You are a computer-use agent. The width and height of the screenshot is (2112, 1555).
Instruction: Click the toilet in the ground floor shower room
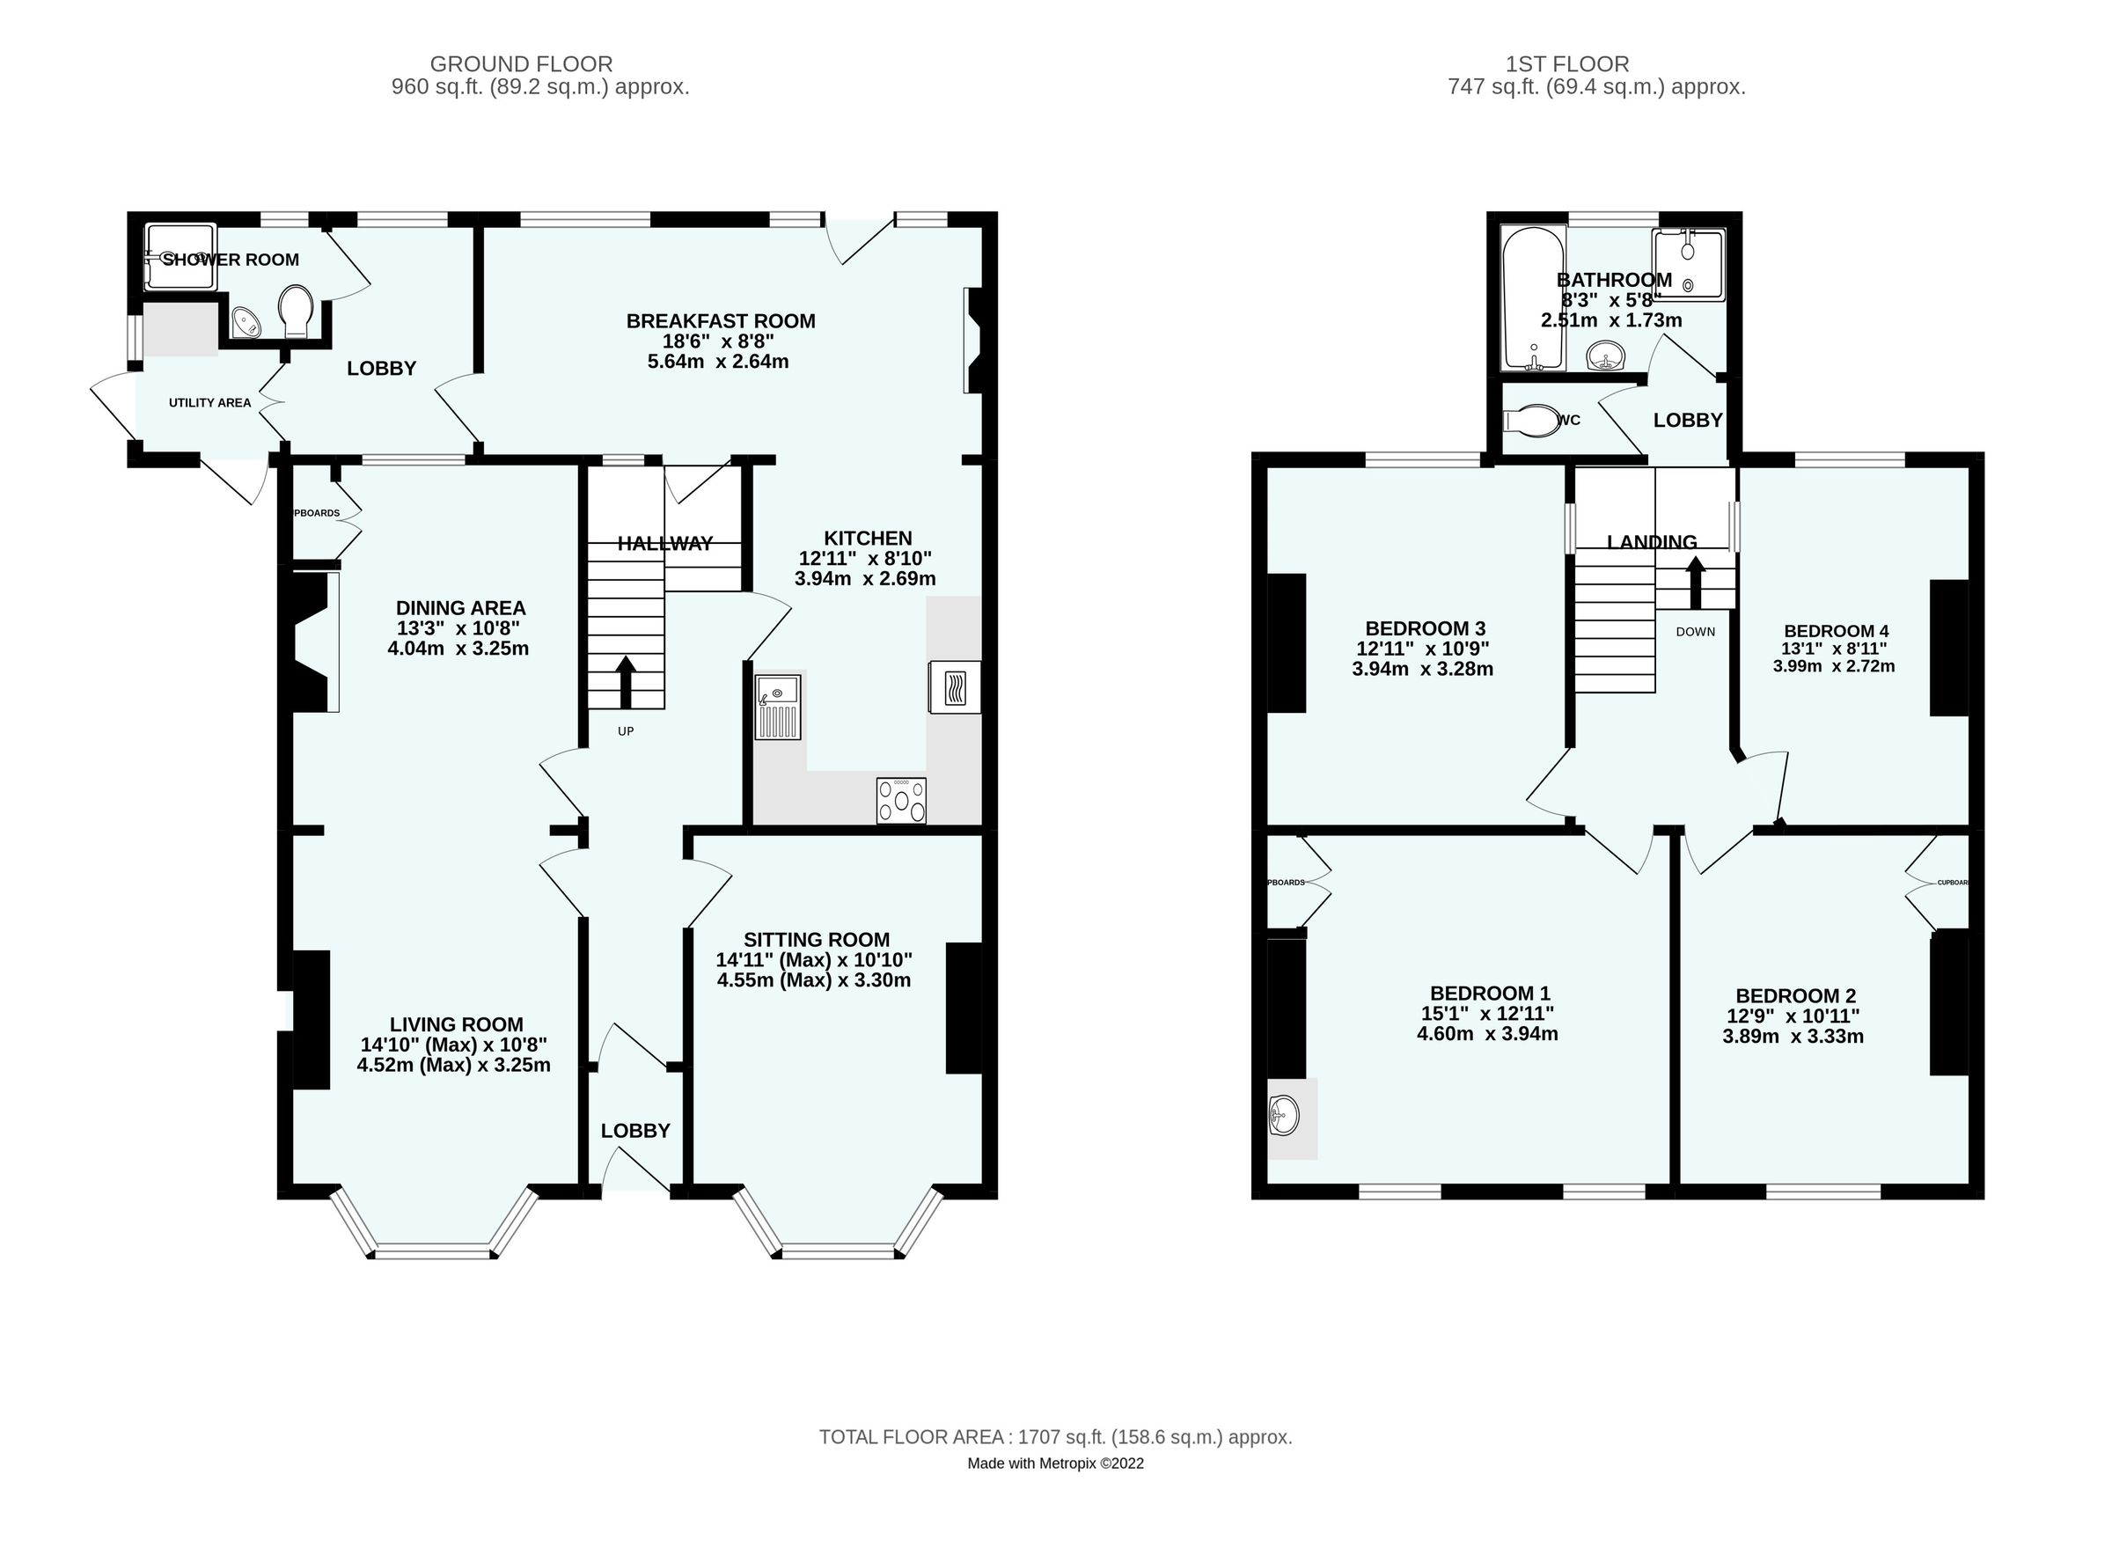coord(296,312)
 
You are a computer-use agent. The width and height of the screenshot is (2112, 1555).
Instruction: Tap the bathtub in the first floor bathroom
coord(1532,297)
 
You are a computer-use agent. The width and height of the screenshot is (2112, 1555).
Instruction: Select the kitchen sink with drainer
coord(777,705)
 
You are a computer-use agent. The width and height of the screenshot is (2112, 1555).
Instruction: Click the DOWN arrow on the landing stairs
coord(1695,583)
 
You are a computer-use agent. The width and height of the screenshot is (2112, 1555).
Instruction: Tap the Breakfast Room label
coord(720,321)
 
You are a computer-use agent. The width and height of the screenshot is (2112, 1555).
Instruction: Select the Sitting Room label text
coord(816,939)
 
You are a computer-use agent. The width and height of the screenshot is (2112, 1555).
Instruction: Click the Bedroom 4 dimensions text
coord(1833,657)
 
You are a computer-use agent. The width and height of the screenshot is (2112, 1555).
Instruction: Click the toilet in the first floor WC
coord(1531,420)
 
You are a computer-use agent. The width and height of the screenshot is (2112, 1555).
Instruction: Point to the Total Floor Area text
coord(1055,1437)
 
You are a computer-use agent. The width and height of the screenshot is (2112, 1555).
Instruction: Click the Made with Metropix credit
coord(1055,1463)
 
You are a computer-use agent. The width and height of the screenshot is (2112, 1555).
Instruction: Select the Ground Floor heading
coord(522,64)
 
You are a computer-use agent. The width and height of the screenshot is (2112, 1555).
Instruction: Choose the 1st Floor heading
coord(1567,64)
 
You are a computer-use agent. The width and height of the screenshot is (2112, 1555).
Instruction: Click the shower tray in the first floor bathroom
coord(1689,265)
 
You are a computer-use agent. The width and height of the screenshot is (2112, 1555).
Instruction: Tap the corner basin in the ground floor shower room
coord(247,322)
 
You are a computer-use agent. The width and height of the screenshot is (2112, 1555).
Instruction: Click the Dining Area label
coord(460,608)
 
